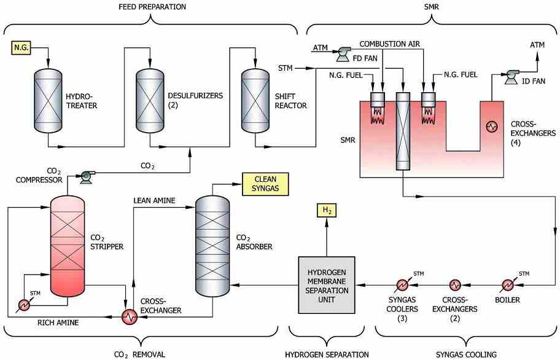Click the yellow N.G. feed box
[x=21, y=47]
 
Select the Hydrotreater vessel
[x=49, y=100]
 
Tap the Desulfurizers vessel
[x=150, y=100]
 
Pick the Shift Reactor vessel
[x=255, y=100]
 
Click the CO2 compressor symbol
[x=86, y=176]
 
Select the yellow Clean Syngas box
[x=265, y=184]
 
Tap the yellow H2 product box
[x=327, y=211]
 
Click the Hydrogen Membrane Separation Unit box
[x=327, y=285]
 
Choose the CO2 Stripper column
[x=68, y=245]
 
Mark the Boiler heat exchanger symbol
[x=507, y=285]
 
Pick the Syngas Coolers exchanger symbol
[x=403, y=285]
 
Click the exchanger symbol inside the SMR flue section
[x=492, y=126]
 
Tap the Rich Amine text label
[x=58, y=323]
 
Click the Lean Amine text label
[x=154, y=201]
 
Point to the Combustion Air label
[x=390, y=44]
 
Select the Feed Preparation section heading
[x=152, y=7]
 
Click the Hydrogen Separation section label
[x=327, y=354]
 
